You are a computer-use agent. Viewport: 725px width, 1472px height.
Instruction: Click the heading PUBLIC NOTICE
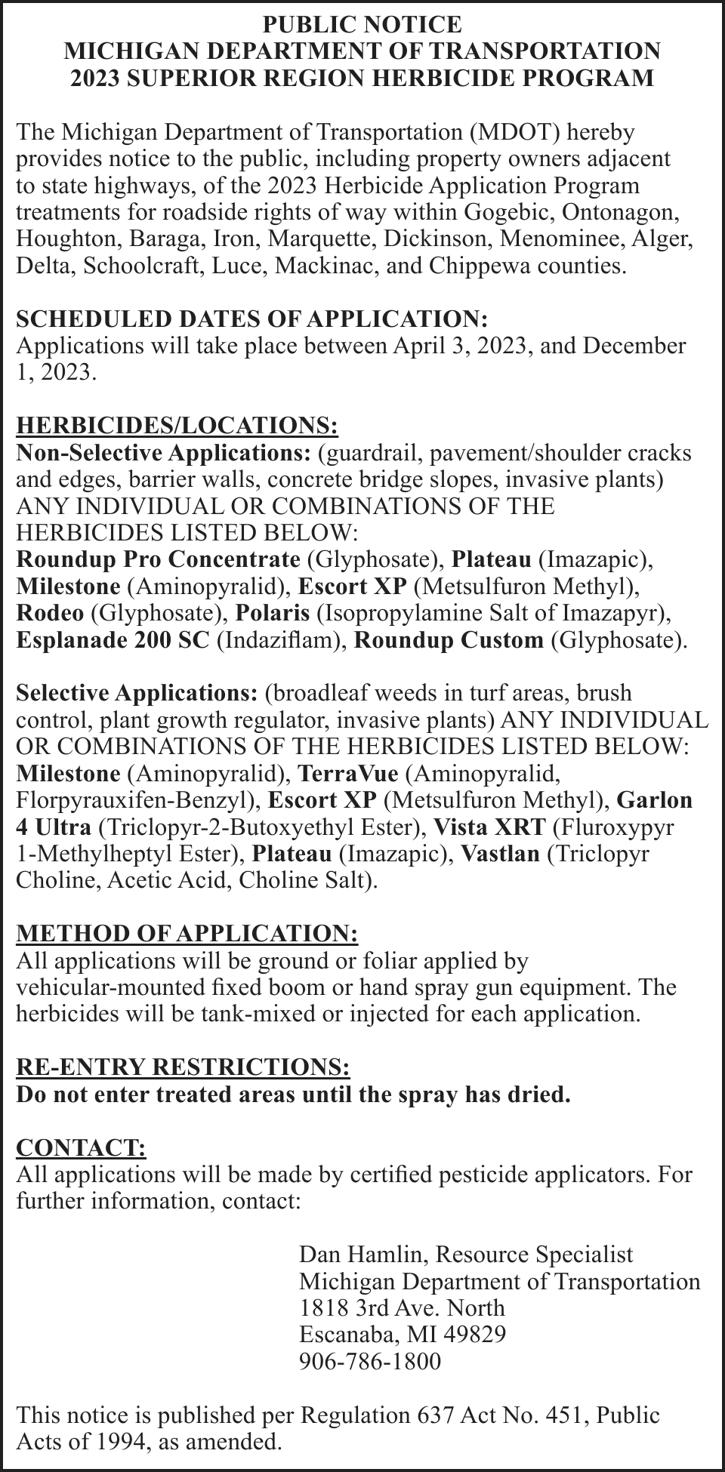pos(362,24)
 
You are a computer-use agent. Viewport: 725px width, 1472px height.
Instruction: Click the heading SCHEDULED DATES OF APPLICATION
pos(252,319)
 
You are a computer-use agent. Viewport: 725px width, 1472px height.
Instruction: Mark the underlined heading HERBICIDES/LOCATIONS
pos(177,425)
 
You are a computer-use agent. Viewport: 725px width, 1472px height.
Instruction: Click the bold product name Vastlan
pos(500,854)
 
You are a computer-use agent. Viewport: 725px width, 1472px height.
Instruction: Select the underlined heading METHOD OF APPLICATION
pos(187,933)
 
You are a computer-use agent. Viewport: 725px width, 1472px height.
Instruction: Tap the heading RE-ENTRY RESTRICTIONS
pos(183,1067)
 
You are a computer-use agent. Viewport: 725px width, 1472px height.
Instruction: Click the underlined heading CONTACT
pos(81,1147)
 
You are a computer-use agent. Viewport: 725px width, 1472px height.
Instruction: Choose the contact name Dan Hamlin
pos(364,1255)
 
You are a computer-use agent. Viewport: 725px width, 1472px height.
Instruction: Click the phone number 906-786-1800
pos(369,1361)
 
